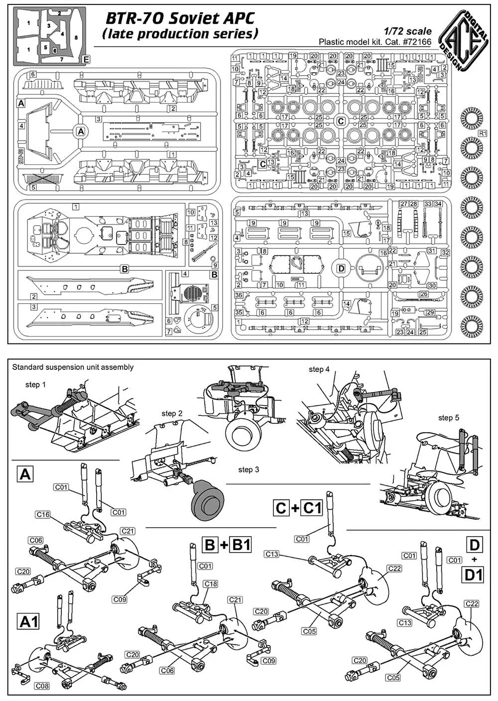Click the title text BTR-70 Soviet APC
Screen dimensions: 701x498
click(180, 19)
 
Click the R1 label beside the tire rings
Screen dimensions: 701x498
click(482, 133)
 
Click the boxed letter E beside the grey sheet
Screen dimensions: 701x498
click(87, 59)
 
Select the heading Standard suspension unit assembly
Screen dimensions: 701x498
click(73, 367)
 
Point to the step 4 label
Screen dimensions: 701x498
click(319, 369)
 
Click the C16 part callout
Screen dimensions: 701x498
click(43, 514)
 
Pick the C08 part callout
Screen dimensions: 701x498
click(42, 686)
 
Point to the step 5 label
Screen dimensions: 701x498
click(449, 418)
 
